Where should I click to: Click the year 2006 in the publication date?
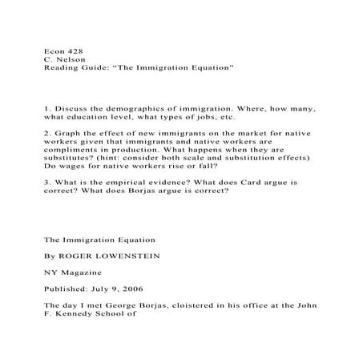tap(144, 289)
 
